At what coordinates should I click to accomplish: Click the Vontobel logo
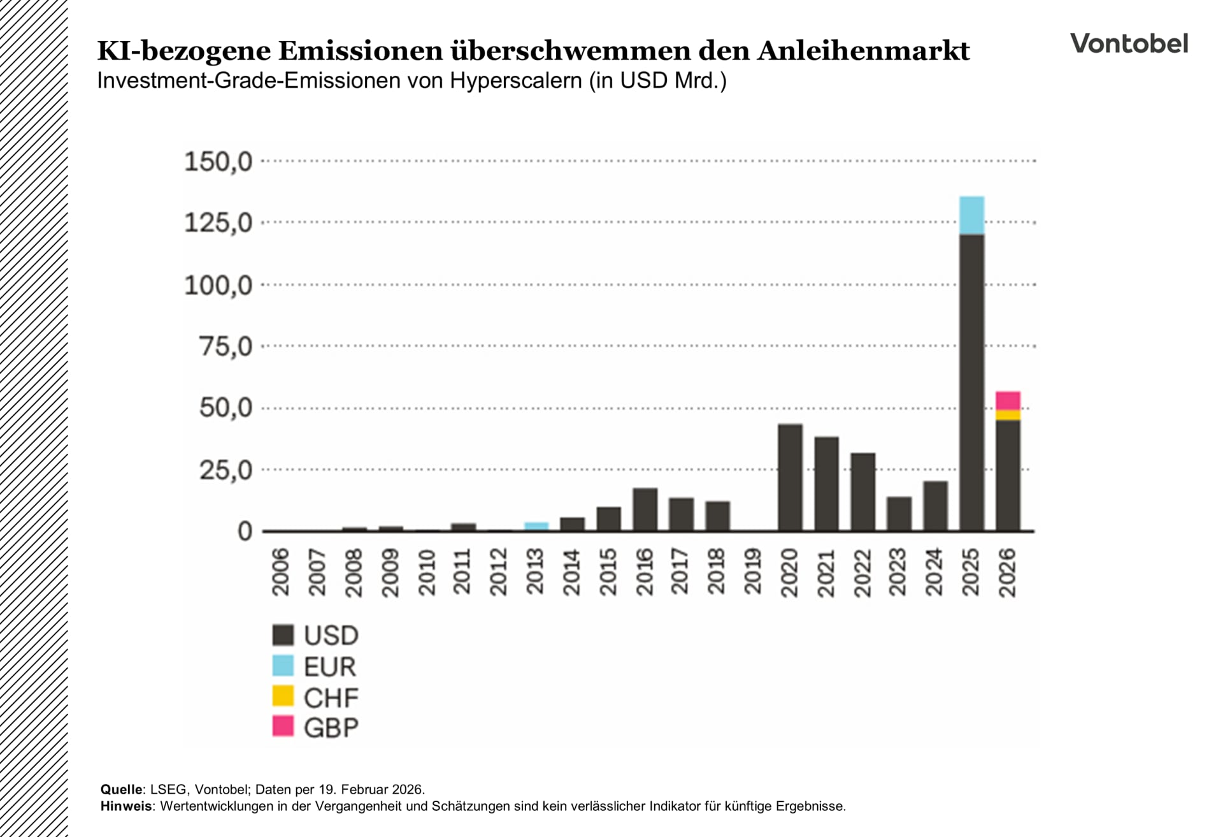pos(1129,43)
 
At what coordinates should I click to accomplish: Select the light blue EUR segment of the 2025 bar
pos(971,215)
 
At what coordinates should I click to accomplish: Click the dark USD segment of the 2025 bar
pos(971,382)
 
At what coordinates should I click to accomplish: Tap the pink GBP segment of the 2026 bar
pos(1008,400)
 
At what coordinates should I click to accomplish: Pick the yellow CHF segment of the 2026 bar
pos(1008,415)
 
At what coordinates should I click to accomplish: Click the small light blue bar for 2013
pos(536,526)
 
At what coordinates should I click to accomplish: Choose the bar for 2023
pos(899,513)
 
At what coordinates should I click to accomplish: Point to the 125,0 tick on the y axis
pos(218,223)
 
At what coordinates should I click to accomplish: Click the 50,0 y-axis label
pos(225,408)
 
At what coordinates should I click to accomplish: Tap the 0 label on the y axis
pos(245,531)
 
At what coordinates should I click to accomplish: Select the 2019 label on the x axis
pos(753,572)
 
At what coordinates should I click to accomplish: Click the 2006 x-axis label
pos(281,572)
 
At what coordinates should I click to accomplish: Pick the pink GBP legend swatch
pos(283,726)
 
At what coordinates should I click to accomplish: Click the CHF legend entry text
pos(331,697)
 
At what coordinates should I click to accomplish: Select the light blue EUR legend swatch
pos(283,666)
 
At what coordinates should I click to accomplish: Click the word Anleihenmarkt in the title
pos(863,51)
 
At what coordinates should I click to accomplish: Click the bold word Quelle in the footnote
pos(121,789)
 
